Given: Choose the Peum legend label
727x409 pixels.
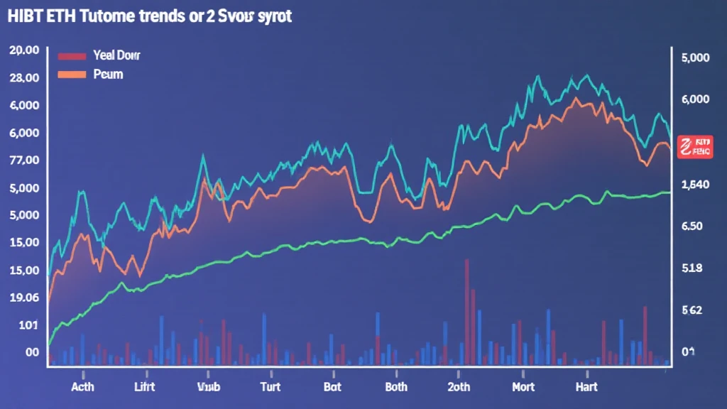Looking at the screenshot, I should [x=108, y=74].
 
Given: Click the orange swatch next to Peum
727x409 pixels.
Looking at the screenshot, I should [x=71, y=74].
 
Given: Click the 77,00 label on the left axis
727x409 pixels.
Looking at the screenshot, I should [x=23, y=160].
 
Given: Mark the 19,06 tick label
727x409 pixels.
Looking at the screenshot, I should [x=23, y=298].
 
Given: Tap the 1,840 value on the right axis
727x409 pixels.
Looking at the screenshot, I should [x=695, y=185].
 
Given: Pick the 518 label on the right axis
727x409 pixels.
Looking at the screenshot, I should [x=691, y=268].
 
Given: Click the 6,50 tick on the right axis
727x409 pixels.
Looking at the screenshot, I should [x=691, y=227].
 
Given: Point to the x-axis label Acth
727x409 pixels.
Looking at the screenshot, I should [x=83, y=387].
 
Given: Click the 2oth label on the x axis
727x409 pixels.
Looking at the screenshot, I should [x=459, y=387].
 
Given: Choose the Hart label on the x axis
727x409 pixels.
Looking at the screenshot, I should [x=586, y=387].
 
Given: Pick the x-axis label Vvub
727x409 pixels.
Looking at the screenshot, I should [x=209, y=387].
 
